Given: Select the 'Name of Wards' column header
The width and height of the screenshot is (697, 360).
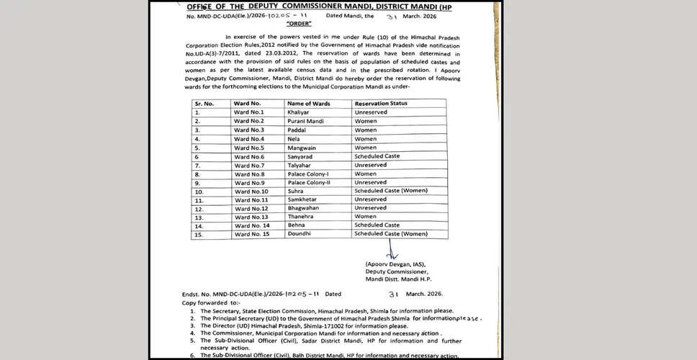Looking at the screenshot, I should (314, 104).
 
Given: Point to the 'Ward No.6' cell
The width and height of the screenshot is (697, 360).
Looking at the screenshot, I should (249, 156).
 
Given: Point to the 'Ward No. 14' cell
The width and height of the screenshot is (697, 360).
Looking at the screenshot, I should (251, 226).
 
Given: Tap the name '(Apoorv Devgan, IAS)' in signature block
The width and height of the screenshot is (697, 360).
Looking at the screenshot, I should (396, 266).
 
